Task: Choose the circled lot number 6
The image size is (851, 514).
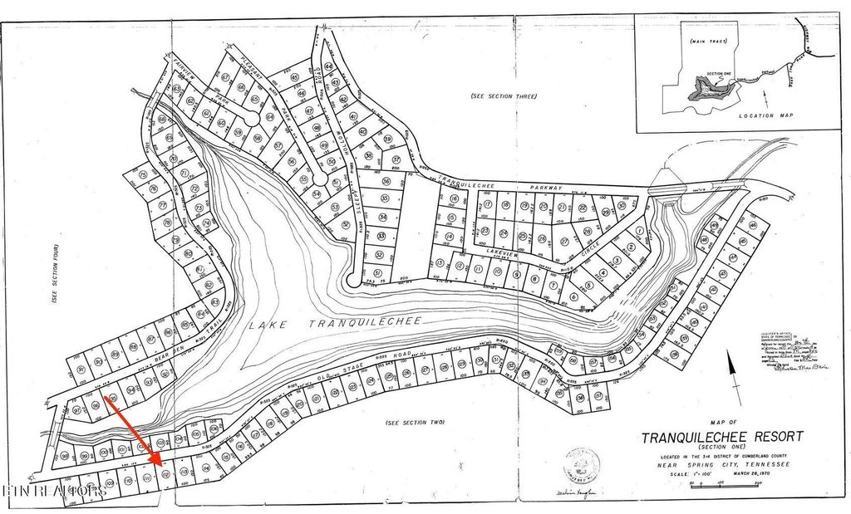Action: (573, 296)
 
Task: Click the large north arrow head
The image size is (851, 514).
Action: (731, 359)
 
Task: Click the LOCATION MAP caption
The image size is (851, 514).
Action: (764, 115)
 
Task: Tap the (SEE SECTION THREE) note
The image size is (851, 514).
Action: (504, 96)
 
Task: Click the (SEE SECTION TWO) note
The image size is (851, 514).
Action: (416, 423)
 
